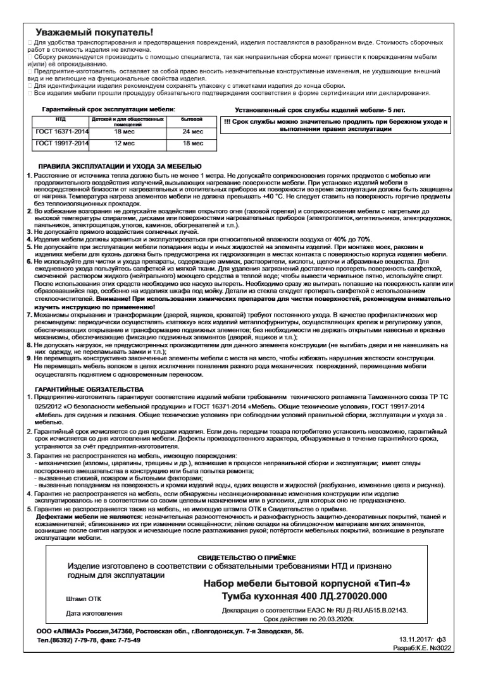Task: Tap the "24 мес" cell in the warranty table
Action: click(192, 132)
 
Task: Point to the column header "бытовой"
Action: click(192, 119)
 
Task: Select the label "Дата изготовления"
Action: click(94, 613)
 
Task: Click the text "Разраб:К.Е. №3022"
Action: click(419, 648)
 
